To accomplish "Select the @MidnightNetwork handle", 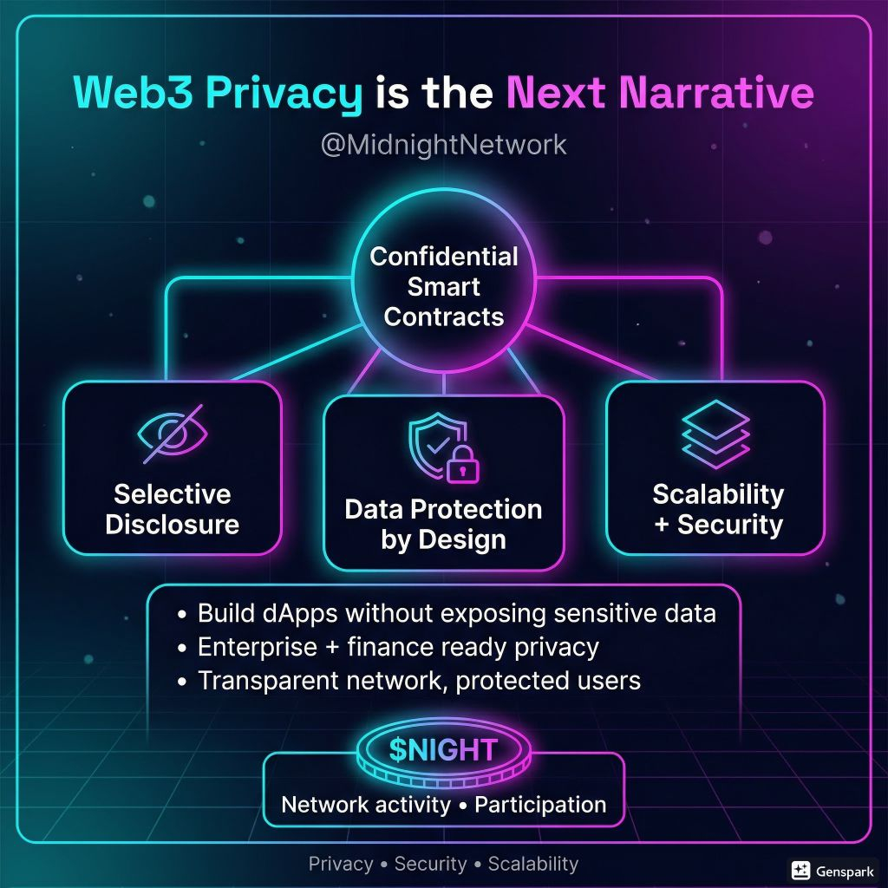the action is click(443, 144).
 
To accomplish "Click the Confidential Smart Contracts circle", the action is click(443, 286).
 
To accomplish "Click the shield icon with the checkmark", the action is click(431, 443).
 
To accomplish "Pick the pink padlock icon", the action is click(462, 467).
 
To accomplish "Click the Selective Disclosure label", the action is click(173, 509).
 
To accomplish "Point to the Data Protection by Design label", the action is click(443, 524).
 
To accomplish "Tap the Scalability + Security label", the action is click(717, 509).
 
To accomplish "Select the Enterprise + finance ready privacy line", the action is click(398, 647).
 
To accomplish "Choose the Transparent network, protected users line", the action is click(419, 681).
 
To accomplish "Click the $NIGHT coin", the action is click(443, 749).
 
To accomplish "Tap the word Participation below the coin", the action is click(539, 805).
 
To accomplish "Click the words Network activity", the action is click(365, 805).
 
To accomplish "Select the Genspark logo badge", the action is click(832, 870).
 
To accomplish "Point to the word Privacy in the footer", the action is click(341, 864).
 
